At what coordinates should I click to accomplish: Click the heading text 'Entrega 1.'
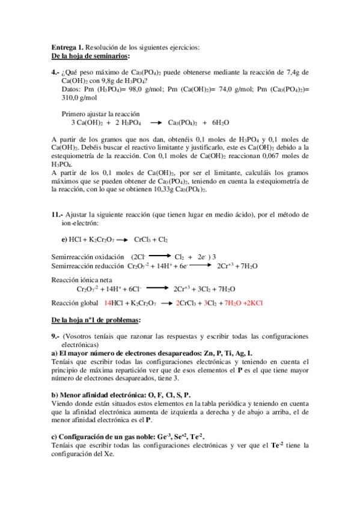tap(67, 48)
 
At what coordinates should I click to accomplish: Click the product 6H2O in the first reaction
tap(220, 123)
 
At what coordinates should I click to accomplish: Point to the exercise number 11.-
tap(57, 215)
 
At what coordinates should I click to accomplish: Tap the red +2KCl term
tap(256, 304)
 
